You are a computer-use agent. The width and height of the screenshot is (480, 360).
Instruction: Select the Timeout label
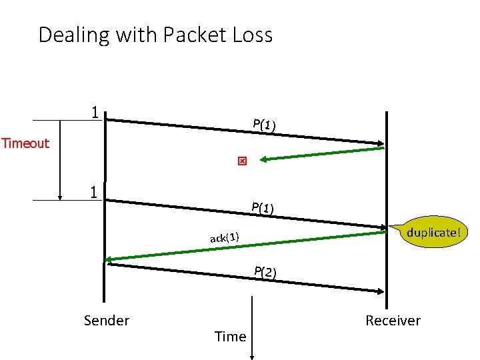point(25,143)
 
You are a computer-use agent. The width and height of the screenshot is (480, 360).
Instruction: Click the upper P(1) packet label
point(265,125)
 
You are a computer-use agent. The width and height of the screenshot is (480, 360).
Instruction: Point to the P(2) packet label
point(265,271)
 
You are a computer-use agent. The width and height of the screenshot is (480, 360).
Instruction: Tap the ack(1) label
point(225,237)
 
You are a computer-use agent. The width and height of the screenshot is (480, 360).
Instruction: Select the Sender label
point(107,321)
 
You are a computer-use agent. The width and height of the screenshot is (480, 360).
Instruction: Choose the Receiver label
point(393,321)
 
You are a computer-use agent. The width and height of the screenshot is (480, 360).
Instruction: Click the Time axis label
point(231,337)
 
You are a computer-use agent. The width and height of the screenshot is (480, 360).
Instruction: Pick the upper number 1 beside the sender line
point(96,112)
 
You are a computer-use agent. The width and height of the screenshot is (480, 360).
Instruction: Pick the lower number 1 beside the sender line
point(96,192)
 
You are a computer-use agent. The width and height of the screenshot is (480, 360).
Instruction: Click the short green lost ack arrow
point(320,153)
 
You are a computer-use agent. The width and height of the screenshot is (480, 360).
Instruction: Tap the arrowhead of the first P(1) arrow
point(381,143)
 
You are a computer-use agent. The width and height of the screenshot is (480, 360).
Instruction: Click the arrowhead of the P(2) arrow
point(381,291)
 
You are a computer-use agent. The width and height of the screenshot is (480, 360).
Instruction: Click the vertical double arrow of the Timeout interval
point(61,160)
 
